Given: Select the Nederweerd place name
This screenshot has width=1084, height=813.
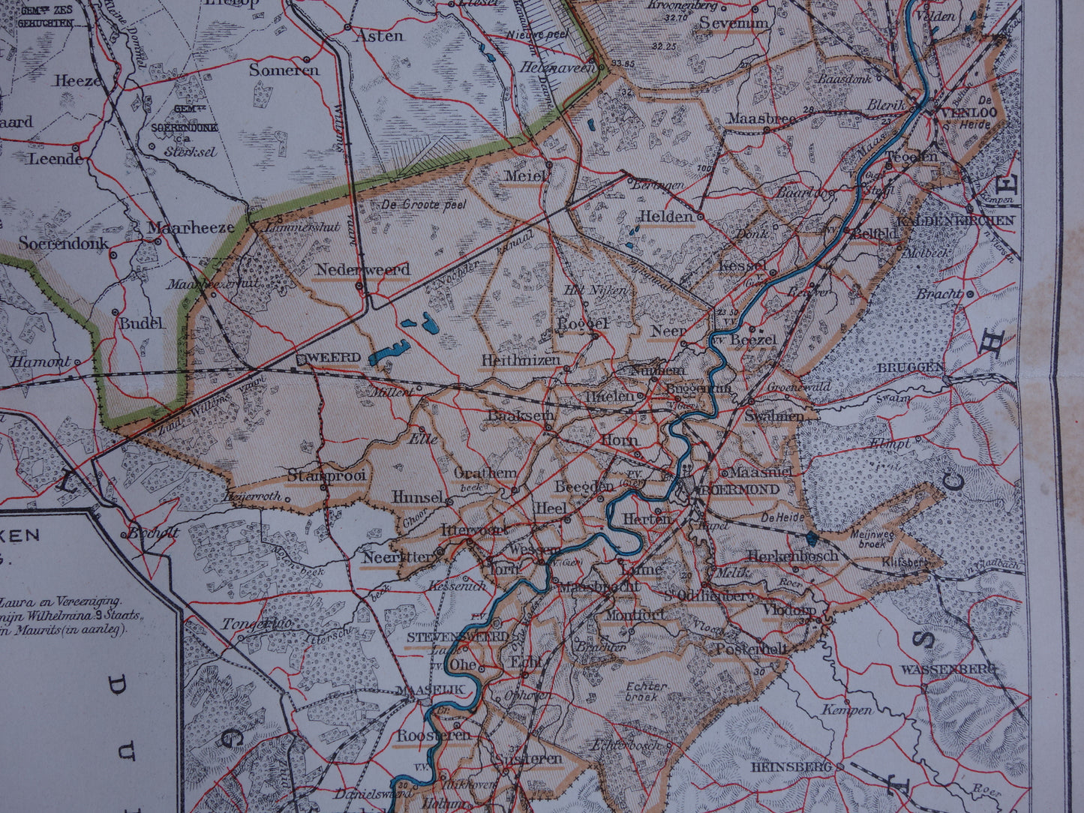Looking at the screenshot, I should [362, 269].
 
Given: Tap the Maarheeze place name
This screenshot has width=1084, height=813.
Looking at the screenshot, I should [191, 227].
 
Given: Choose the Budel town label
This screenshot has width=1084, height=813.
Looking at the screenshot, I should [140, 323].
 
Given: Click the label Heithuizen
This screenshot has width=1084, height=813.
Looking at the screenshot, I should [521, 360].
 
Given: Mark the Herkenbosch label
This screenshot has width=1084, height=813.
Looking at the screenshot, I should [782, 556].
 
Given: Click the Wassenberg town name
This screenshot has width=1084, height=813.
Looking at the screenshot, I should [948, 669].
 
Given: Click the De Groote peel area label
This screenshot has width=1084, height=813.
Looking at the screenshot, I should [424, 204].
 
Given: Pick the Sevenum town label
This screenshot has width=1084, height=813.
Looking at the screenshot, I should [734, 23].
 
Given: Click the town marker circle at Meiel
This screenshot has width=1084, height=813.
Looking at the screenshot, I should [550, 164].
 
